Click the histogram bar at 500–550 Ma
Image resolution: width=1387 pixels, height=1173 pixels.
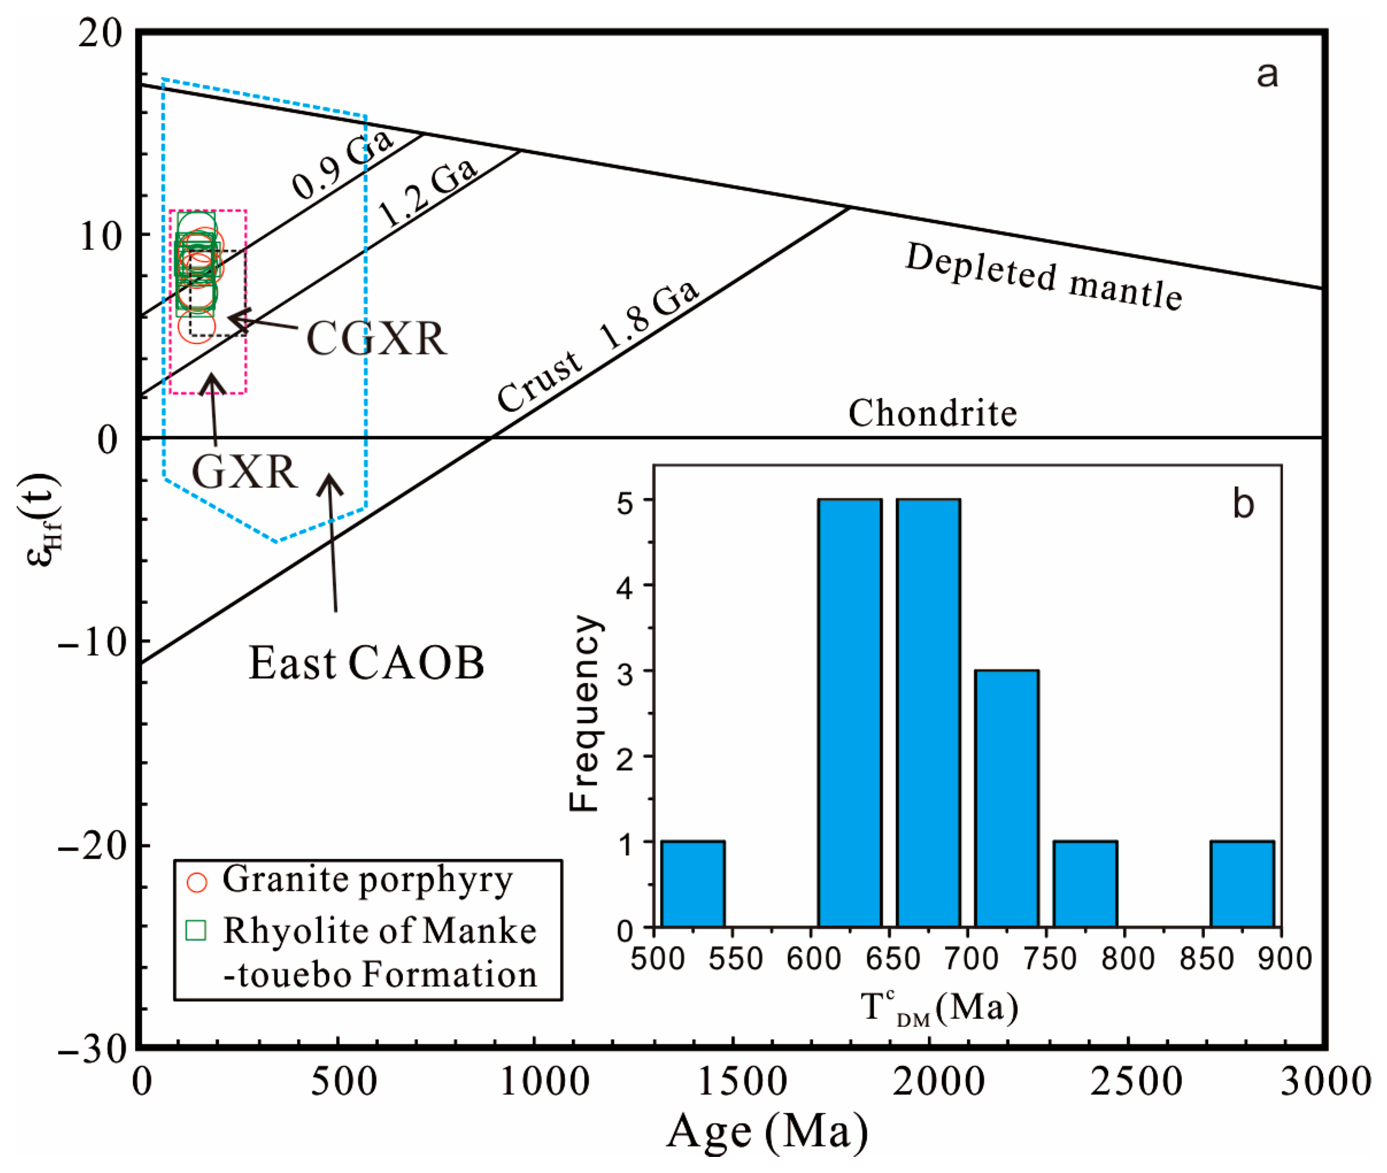pyautogui.click(x=693, y=884)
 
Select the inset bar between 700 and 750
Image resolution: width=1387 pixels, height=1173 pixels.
pyautogui.click(x=1006, y=798)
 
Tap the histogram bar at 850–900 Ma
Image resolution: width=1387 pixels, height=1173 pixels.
pyautogui.click(x=1242, y=884)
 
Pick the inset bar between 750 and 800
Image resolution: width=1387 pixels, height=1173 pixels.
pyautogui.click(x=1084, y=884)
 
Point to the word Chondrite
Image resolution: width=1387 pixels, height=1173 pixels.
pyautogui.click(x=932, y=414)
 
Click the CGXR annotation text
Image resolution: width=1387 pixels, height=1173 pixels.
pyautogui.click(x=376, y=339)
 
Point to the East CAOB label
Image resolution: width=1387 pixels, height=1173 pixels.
pyautogui.click(x=366, y=664)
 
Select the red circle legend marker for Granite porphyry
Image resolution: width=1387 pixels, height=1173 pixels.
pyautogui.click(x=197, y=882)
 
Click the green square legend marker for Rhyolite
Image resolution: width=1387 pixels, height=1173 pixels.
pyautogui.click(x=195, y=930)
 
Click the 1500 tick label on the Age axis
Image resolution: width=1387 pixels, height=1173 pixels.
pyautogui.click(x=743, y=1082)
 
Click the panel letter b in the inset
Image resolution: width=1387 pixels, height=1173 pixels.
pyautogui.click(x=1243, y=503)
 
